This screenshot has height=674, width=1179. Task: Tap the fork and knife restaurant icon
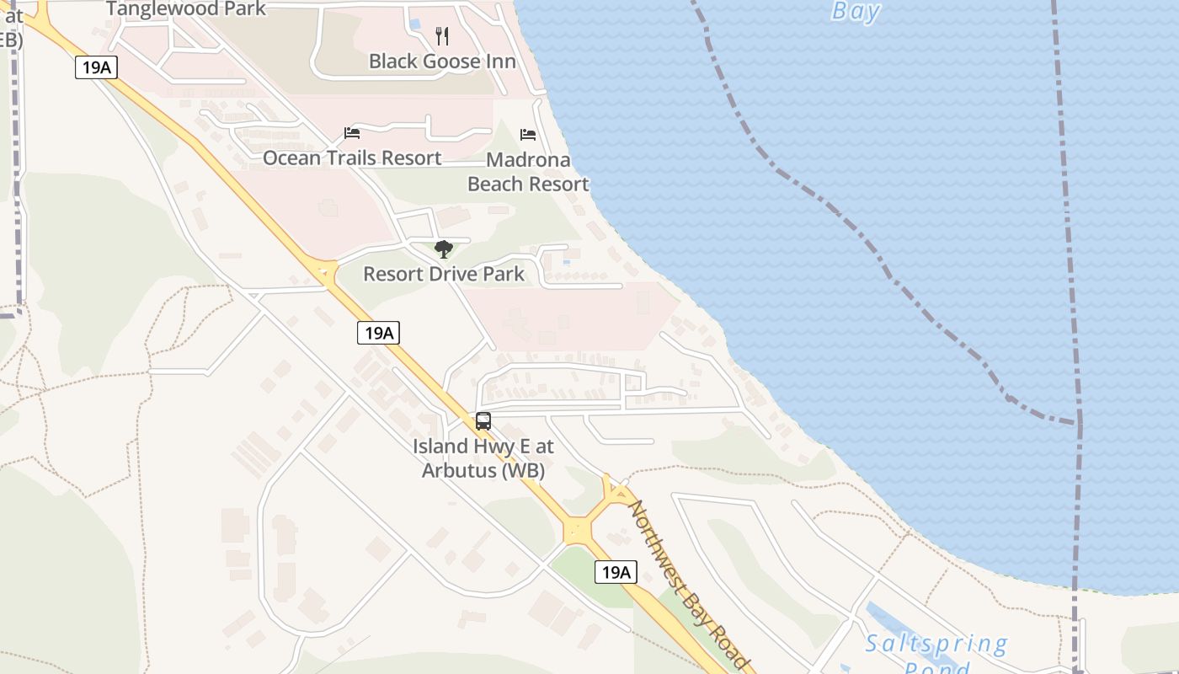point(442,36)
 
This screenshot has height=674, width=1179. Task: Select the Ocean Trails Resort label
point(352,158)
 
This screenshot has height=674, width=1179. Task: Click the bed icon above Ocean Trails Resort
point(352,133)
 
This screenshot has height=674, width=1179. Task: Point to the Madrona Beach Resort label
point(528,172)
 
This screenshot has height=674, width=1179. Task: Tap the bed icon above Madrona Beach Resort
point(528,134)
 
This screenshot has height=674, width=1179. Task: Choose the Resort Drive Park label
point(444,274)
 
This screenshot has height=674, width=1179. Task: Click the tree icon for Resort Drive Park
point(444,249)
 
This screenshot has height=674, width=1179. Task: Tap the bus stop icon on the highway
point(483,421)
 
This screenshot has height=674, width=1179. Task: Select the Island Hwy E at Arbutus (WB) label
point(483,458)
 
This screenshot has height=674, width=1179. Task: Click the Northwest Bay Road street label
point(689,586)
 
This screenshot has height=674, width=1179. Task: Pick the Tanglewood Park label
point(186,9)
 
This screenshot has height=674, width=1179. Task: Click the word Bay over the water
point(856,11)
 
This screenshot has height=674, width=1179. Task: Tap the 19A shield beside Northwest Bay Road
point(616,573)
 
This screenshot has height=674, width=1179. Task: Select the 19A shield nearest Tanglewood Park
point(95,67)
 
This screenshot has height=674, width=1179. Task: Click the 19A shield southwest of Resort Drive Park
point(378,333)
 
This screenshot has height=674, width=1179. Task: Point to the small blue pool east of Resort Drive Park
point(566,262)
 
